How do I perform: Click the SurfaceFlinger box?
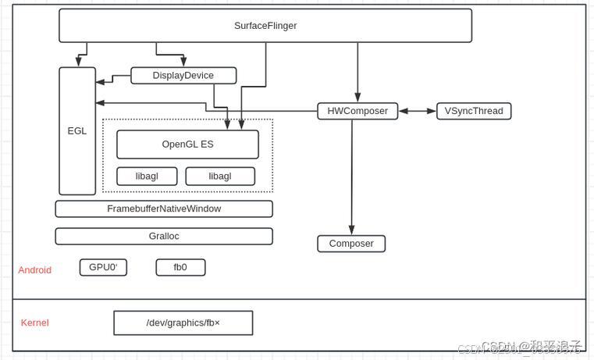[265, 26]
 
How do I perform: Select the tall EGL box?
[77, 130]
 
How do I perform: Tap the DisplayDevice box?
[183, 76]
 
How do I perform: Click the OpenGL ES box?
[187, 144]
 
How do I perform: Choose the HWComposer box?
[357, 111]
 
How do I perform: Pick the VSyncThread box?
[474, 111]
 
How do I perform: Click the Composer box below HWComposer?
[351, 244]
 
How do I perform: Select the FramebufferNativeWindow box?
[164, 209]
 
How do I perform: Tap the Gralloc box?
[164, 236]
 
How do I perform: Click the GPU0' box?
[103, 267]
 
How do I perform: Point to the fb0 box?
[180, 267]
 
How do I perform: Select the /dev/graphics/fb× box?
[183, 323]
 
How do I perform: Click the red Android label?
[35, 270]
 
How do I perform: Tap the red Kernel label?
[35, 323]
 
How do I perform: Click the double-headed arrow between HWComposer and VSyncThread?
[417, 111]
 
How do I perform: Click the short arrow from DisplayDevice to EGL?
[113, 77]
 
